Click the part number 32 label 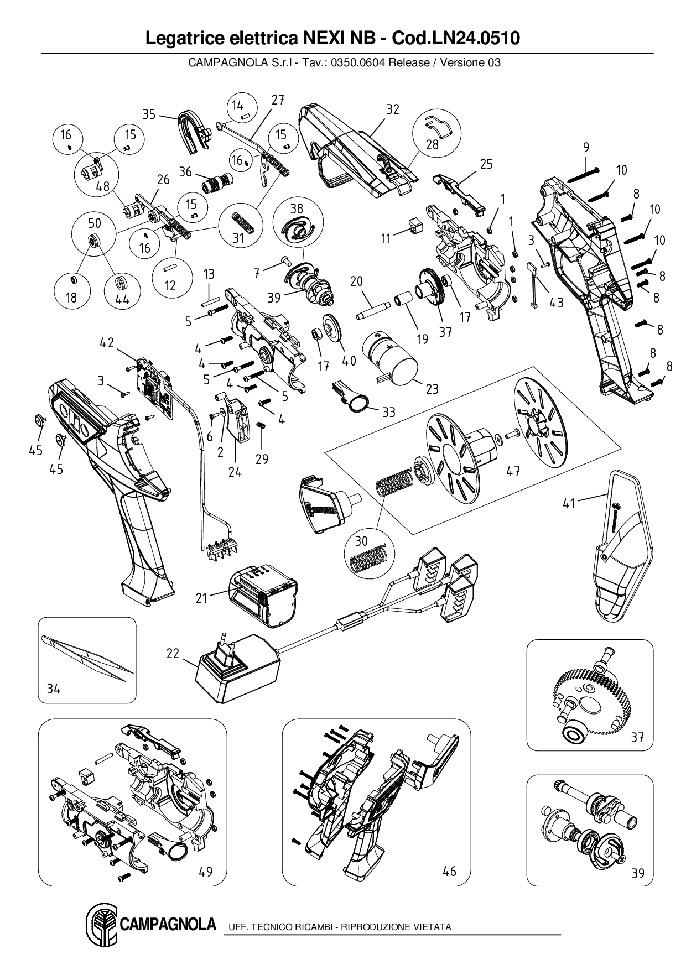392,109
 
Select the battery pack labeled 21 263,595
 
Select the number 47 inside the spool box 513,471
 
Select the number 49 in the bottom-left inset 205,872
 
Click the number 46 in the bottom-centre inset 449,872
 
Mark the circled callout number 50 95,223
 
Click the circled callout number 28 432,144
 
